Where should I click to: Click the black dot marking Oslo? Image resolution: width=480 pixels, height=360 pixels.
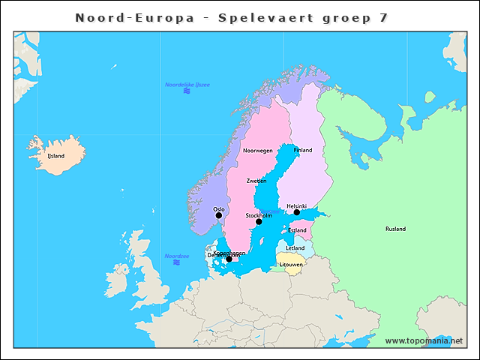coord(219,215)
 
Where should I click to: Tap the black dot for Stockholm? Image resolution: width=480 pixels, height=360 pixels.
coord(259,222)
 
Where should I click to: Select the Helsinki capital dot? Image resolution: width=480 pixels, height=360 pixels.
coord(297,212)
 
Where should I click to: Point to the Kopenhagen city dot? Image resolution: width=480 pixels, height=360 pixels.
coord(229,259)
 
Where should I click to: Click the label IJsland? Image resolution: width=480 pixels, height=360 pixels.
coord(56,156)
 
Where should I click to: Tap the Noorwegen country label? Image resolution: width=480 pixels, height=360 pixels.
coord(258,151)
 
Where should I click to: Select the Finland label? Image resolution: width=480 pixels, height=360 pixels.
coord(303,151)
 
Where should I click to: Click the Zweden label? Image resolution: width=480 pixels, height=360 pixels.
coord(256,181)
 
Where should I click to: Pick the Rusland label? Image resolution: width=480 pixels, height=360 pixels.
coord(395,229)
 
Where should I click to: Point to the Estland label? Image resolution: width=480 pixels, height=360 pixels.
coord(297,230)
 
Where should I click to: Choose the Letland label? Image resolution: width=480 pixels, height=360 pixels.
coord(295,247)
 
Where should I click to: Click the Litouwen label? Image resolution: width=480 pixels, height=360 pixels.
coord(291,265)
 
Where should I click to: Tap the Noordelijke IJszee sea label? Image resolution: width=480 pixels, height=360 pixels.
coord(187,85)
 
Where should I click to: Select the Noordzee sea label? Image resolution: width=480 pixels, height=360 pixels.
coord(176,256)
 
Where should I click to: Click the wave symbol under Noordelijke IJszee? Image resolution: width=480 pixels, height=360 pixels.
coord(187,91)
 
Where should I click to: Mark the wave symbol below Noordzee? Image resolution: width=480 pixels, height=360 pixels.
coord(176,263)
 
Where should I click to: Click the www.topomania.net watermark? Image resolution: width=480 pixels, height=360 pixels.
coord(424,340)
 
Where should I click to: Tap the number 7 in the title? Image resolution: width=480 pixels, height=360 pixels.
coord(384,17)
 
